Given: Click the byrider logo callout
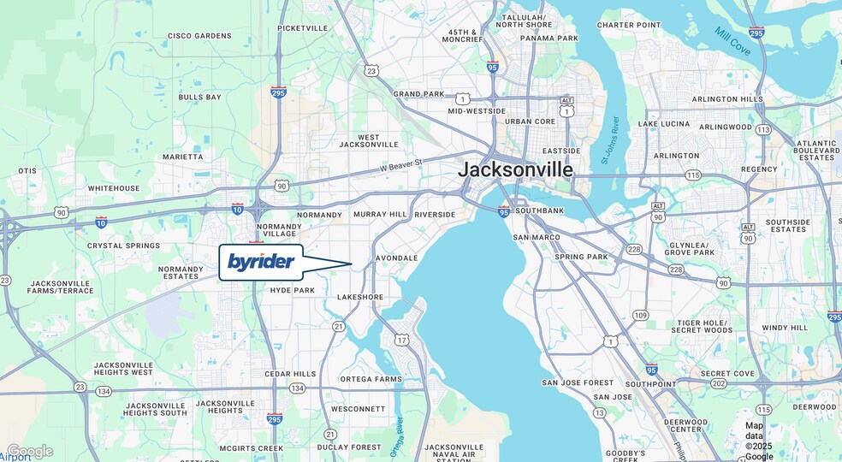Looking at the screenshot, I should [261, 262].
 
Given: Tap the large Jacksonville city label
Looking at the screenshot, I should [515, 169].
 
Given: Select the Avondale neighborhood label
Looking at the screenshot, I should [396, 258].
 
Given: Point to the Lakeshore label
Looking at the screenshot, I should [360, 297].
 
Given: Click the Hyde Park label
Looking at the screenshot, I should [293, 291].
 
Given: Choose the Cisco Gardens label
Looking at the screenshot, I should [199, 36].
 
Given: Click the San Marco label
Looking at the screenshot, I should [537, 237].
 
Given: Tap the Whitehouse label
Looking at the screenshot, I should [114, 188].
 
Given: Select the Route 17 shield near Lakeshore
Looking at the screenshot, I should [401, 341].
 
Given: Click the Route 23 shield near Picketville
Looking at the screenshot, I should [371, 71].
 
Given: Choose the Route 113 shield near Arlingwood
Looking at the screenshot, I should [763, 130].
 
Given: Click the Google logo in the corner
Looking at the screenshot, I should [30, 451].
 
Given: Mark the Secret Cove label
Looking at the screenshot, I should [727, 374].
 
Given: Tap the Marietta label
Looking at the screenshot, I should [183, 157].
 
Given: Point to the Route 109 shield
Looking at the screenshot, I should [640, 316].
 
